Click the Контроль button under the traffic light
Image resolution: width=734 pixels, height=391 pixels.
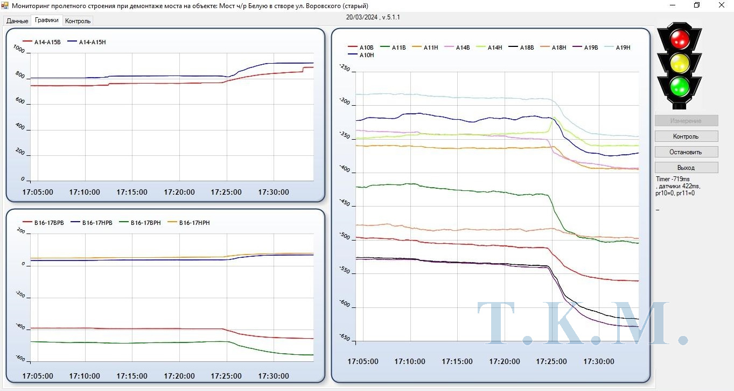coord(686,136)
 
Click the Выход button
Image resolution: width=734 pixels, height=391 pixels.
coord(686,168)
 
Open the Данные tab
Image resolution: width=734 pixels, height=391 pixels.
coord(17,21)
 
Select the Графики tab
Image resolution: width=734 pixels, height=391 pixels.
coord(47,20)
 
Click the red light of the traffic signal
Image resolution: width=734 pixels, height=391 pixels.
coord(680,38)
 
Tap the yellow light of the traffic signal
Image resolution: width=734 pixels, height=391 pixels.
coord(680,62)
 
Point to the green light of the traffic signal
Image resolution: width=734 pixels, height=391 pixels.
coord(680,86)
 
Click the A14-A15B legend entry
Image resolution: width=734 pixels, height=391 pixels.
coord(43,42)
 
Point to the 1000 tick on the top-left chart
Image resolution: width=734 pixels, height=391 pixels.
coord(19,50)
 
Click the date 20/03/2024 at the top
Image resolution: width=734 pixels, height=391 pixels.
coord(361,17)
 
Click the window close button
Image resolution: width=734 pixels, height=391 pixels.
coord(721,5)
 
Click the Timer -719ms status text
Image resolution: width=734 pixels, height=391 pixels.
coord(673,179)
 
